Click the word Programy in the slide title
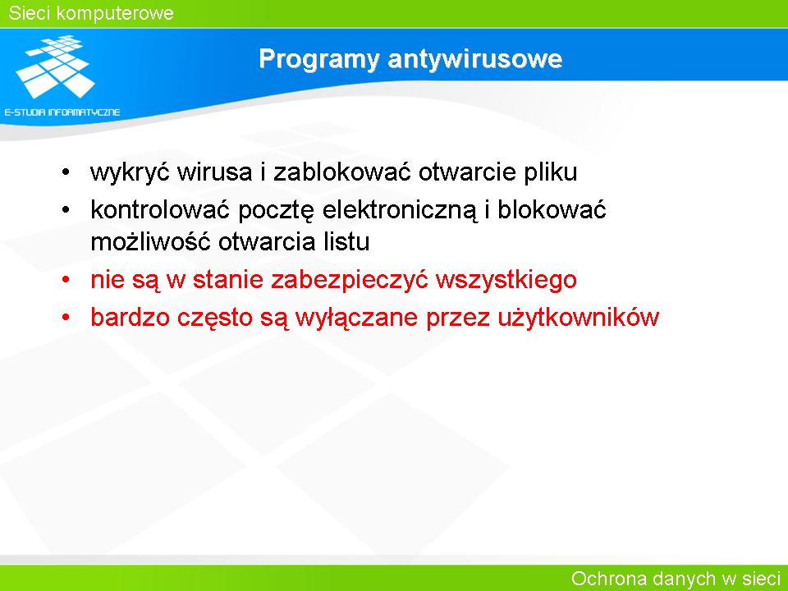click(x=318, y=60)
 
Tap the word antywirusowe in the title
click(x=475, y=59)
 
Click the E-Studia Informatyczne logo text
click(x=62, y=112)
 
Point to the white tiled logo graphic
click(x=55, y=66)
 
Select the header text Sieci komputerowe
click(x=91, y=13)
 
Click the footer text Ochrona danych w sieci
click(x=676, y=579)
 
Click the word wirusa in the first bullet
click(x=214, y=172)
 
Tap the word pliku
click(x=550, y=172)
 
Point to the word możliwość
click(x=150, y=241)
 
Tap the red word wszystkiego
click(x=506, y=280)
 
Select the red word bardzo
click(x=130, y=318)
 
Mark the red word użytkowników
click(x=578, y=318)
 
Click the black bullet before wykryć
click(x=66, y=172)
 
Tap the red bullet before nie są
click(x=66, y=279)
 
